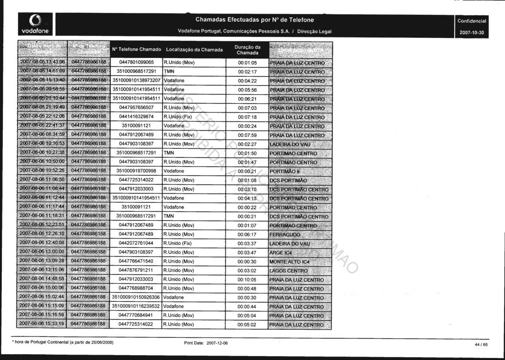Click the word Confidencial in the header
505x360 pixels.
pos(472,21)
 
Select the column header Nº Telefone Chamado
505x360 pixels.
pos(136,50)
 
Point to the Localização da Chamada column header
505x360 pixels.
pos(194,50)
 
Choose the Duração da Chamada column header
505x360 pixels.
pos(247,50)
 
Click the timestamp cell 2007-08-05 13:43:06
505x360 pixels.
pos(42,63)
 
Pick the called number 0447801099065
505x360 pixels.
pos(137,63)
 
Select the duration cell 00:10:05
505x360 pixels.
pos(247,279)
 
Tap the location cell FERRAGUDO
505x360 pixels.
pos(285,235)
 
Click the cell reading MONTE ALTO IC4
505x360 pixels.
pos(289,262)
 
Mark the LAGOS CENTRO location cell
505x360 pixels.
pos(288,271)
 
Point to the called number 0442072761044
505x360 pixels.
pos(137,243)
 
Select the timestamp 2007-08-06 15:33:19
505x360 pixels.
pos(42,324)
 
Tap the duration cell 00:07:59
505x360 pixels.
pos(247,135)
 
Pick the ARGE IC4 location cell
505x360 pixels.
pos(281,252)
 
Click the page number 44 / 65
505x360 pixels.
pos(481,345)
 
